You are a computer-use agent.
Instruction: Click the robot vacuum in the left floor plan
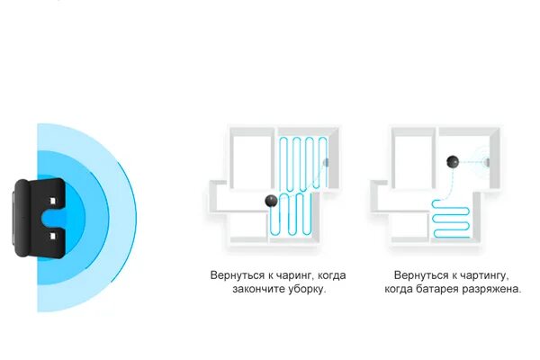point(269,200)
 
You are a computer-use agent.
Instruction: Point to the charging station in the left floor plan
point(327,162)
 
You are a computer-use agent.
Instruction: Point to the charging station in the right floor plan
point(487,162)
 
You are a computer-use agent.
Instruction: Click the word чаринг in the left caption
point(296,275)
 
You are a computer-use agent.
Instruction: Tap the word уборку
point(307,291)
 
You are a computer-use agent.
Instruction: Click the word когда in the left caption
point(331,275)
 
